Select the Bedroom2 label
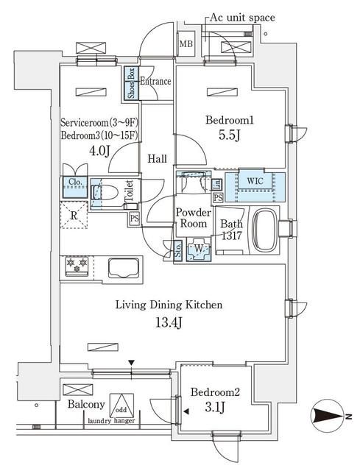212,392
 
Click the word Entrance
155,82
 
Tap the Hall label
155,159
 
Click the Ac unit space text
244,17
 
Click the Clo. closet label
74,183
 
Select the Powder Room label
193,218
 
